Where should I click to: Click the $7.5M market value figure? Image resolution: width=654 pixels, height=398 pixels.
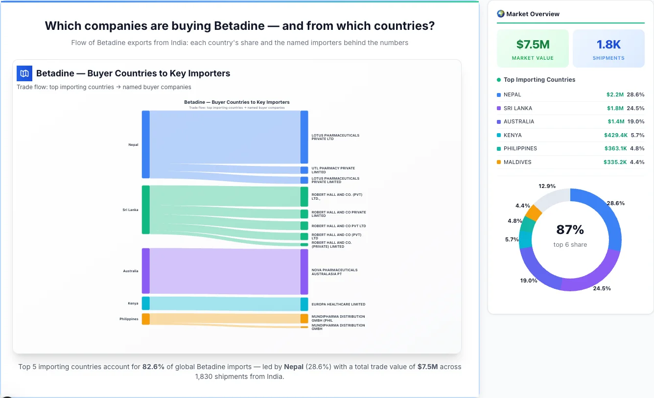point(533,45)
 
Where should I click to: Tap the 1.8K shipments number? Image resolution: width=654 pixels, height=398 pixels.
point(608,45)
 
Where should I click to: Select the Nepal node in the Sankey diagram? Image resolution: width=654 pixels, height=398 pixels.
point(146,144)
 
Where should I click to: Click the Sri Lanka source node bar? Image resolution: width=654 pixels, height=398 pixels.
point(146,210)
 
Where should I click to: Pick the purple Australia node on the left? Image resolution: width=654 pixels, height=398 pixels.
point(146,271)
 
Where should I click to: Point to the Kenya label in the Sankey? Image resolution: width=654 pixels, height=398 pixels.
point(133,304)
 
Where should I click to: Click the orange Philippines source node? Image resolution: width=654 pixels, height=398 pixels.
point(146,319)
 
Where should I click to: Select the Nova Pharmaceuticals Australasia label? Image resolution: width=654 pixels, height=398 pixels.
point(334,272)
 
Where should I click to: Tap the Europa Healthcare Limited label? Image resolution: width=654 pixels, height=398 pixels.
point(338,304)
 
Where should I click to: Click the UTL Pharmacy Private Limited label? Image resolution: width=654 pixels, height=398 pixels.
point(333,170)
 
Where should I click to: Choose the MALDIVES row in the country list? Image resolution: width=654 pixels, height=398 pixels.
point(517,162)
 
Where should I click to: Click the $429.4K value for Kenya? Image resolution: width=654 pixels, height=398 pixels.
point(615,135)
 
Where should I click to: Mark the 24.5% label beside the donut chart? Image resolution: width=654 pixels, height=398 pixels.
point(602,288)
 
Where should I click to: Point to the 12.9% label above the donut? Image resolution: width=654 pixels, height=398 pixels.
point(547,186)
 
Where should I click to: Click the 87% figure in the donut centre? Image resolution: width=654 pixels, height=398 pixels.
point(570,230)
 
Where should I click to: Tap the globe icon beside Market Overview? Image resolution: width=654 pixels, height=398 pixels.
point(500,14)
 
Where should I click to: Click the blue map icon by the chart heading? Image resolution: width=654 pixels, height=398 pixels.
point(24,73)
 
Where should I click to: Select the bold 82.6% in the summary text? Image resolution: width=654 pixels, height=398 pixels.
point(153,367)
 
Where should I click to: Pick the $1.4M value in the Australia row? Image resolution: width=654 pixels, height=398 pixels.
point(616,121)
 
